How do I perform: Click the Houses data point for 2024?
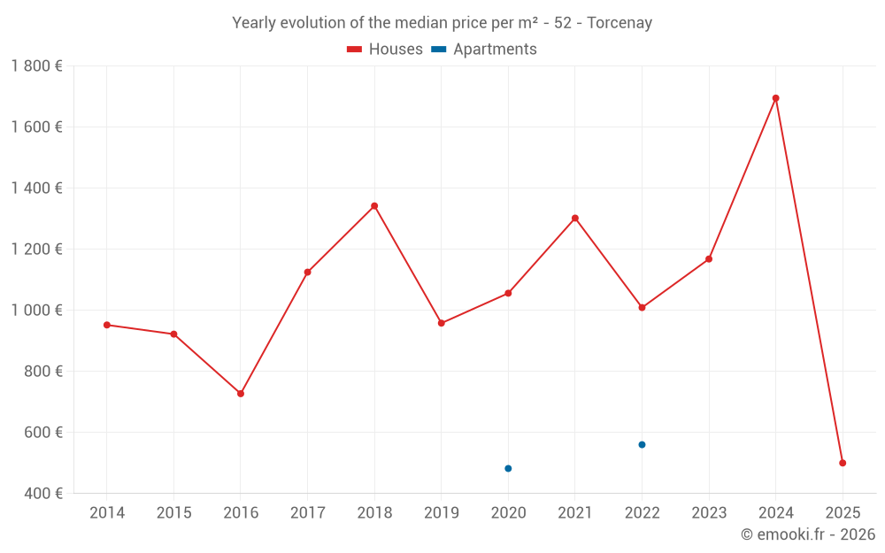775,98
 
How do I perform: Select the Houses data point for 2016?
241,394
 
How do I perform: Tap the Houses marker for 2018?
374,206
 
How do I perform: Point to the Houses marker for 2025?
843,463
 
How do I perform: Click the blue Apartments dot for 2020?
508,468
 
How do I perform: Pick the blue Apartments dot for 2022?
642,444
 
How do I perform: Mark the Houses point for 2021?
575,218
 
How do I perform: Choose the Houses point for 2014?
107,325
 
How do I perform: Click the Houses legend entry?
385,50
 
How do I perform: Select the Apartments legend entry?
485,50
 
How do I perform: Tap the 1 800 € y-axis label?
36,66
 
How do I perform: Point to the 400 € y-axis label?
42,493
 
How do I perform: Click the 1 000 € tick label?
36,311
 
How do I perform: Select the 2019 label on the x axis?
441,513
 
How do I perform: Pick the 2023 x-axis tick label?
709,513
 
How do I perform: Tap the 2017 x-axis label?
307,513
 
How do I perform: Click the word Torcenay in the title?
619,23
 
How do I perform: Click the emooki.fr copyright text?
807,534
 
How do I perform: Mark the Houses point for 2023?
709,259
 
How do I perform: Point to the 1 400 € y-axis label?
36,188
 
